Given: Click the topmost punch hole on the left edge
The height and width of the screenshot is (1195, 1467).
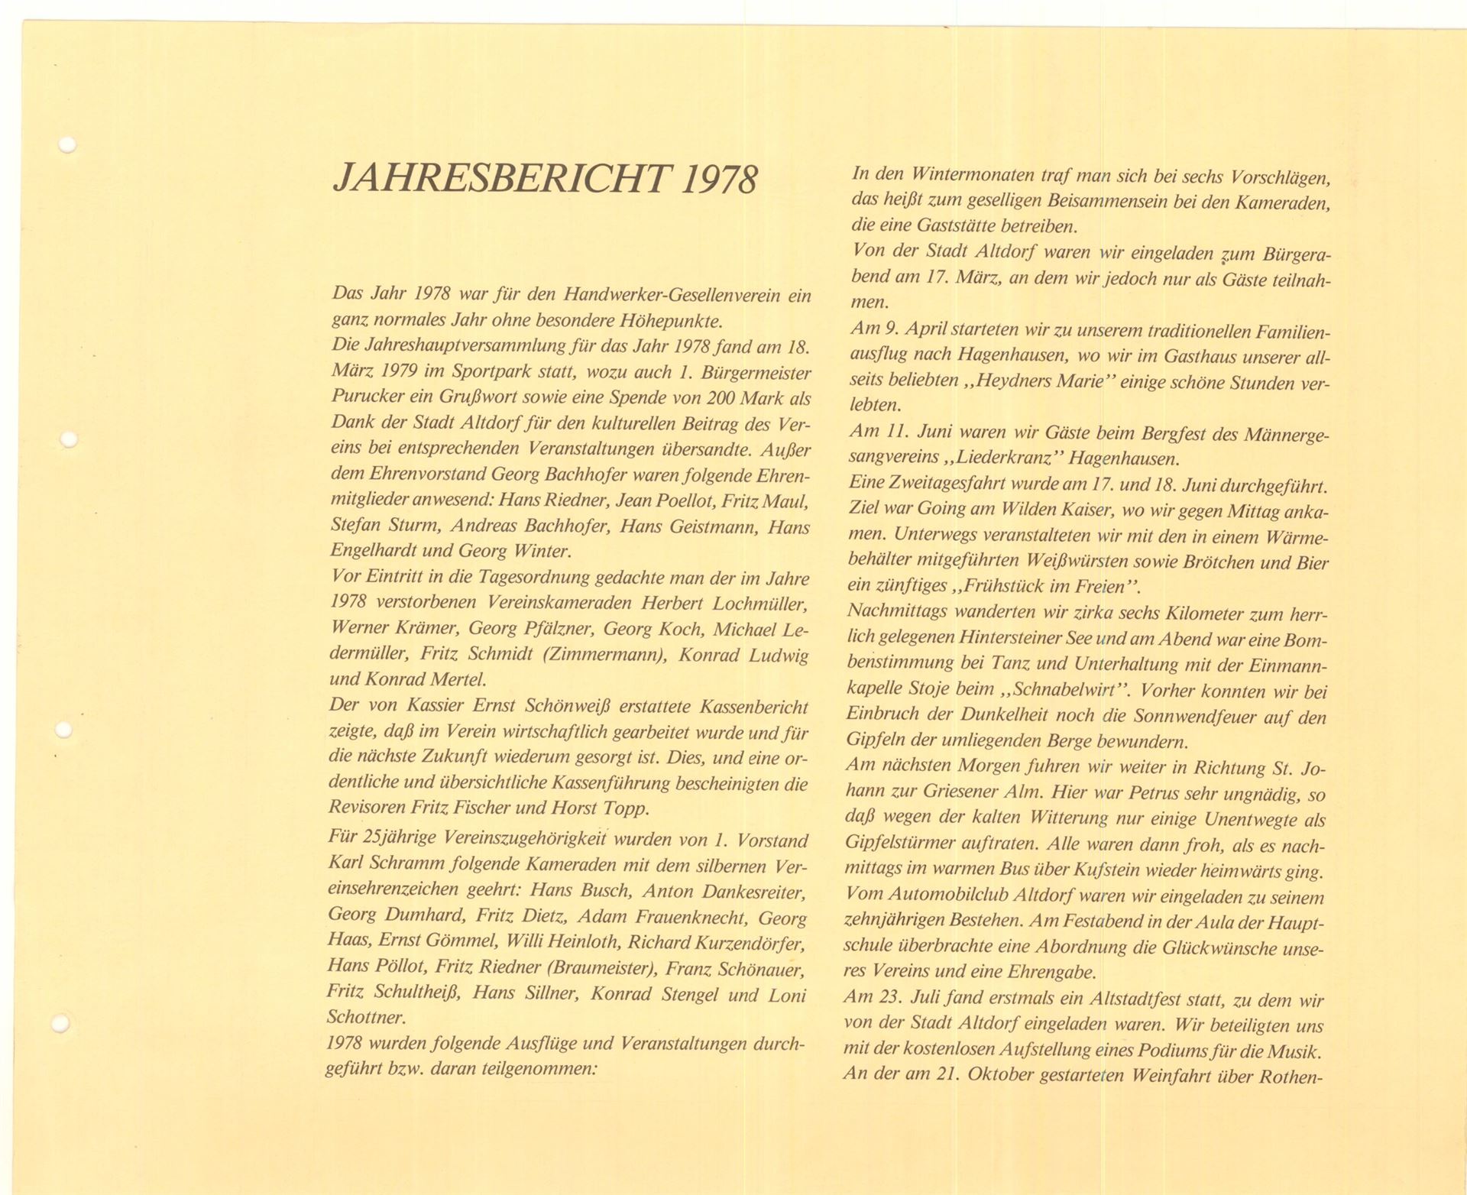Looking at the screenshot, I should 67,144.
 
